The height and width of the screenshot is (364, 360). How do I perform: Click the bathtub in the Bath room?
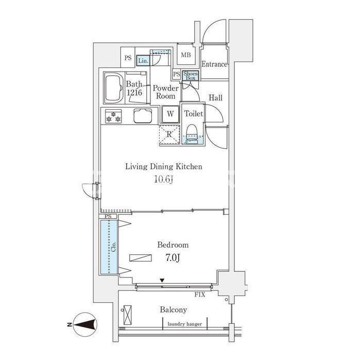coord(114,88)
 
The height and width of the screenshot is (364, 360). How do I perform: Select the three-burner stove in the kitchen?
coord(113,116)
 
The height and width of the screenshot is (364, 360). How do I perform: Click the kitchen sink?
coord(143,116)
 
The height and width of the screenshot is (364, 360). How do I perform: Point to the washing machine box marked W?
coord(170,114)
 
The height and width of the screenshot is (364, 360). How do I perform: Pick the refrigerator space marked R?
coord(169,135)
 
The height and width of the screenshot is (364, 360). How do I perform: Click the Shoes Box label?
coord(191,76)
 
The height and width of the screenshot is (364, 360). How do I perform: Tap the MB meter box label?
coord(186,55)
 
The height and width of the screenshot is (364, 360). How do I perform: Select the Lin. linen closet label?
coord(143,61)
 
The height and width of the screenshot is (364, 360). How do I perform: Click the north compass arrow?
coord(85,324)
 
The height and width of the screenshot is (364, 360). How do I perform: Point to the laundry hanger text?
coord(185,324)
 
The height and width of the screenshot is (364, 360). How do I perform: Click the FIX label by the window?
coord(200,295)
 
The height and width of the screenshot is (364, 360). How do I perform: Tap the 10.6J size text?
coord(164,179)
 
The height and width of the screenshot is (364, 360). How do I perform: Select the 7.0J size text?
coord(173,257)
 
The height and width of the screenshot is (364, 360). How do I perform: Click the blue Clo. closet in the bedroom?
coord(109,247)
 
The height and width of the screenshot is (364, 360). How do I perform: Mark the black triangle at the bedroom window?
coord(162,281)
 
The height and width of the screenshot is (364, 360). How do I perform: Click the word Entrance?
coord(214,64)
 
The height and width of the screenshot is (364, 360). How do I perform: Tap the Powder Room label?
coord(166,92)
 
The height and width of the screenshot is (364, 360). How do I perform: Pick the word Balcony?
coord(173,310)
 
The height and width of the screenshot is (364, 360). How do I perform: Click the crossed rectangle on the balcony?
coord(128,315)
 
